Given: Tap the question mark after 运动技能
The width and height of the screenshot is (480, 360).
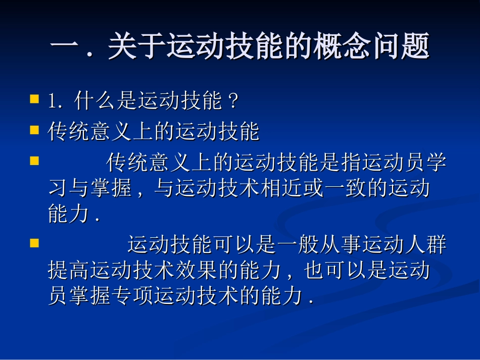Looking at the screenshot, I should [x=233, y=102].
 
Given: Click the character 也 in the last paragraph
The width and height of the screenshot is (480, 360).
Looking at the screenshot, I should [x=314, y=271].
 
